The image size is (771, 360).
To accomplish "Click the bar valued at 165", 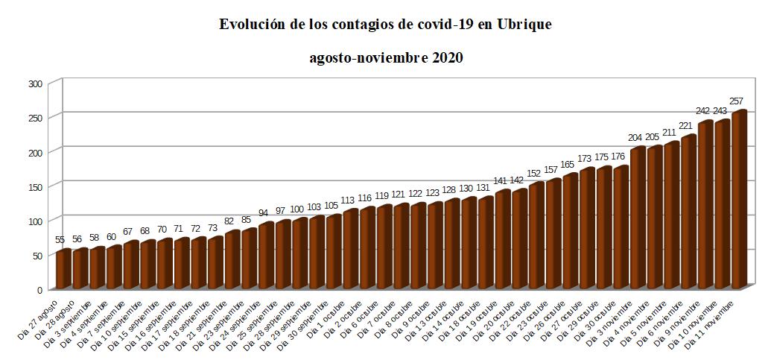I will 570,230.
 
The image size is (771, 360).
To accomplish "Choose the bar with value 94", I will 265,254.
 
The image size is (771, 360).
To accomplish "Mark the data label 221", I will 688,126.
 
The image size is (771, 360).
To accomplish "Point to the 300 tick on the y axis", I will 35,83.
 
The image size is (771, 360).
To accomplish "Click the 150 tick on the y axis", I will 35,186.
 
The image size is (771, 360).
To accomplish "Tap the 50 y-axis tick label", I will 37,255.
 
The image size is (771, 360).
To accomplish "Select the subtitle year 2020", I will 447,58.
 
